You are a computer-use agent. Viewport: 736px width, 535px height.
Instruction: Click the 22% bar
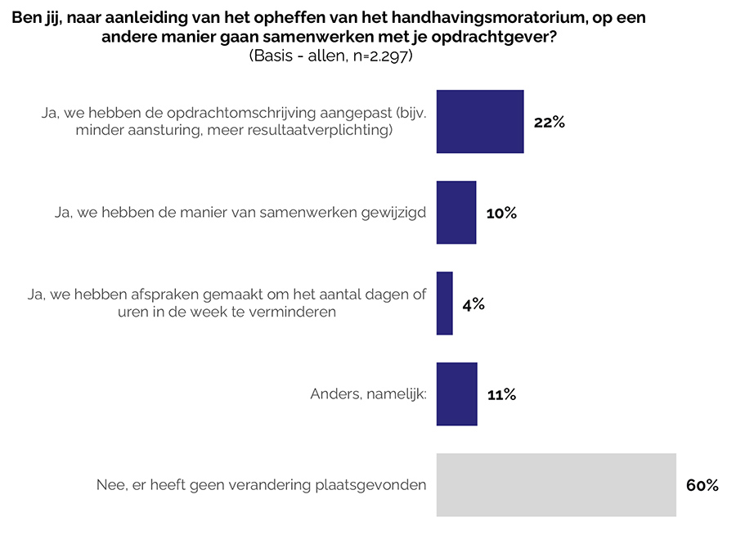click(x=480, y=122)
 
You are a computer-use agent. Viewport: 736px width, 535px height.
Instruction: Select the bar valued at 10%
click(x=456, y=213)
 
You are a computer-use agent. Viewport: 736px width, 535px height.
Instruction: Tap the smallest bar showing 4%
click(x=445, y=303)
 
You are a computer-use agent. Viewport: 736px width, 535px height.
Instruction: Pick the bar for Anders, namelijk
click(x=456, y=394)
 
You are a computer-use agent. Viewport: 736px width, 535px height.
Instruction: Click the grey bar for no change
click(x=556, y=484)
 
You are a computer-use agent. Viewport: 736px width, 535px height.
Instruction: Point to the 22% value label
click(x=549, y=123)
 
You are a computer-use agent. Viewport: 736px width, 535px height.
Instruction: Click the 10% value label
click(x=501, y=214)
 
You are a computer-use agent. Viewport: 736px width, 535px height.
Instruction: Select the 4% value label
click(x=473, y=304)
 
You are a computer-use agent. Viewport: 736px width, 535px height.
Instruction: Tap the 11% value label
click(x=501, y=395)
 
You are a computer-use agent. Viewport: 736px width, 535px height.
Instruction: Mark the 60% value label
click(x=702, y=486)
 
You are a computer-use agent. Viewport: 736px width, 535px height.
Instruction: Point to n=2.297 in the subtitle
click(x=378, y=56)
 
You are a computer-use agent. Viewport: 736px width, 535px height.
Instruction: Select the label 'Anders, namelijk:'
click(x=369, y=394)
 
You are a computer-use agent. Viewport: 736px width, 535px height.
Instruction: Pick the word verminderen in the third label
click(x=298, y=312)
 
